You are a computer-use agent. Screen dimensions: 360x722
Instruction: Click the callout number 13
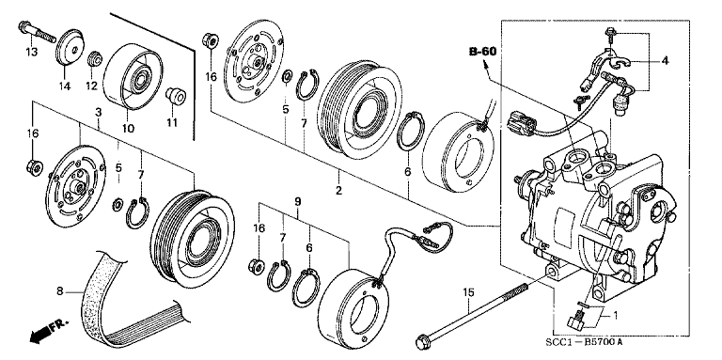click(31, 53)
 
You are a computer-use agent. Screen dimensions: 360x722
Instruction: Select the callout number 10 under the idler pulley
click(127, 127)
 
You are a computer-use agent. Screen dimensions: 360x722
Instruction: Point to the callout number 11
click(172, 121)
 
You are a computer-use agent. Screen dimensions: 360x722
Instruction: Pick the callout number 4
click(665, 62)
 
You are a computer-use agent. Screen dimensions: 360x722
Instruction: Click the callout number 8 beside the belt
click(59, 290)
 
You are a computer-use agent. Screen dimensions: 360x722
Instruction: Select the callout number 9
click(297, 201)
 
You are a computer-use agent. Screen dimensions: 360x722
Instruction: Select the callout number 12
click(92, 86)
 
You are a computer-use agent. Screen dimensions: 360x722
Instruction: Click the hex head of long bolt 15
click(421, 338)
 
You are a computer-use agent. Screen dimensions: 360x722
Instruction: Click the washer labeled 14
click(67, 50)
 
